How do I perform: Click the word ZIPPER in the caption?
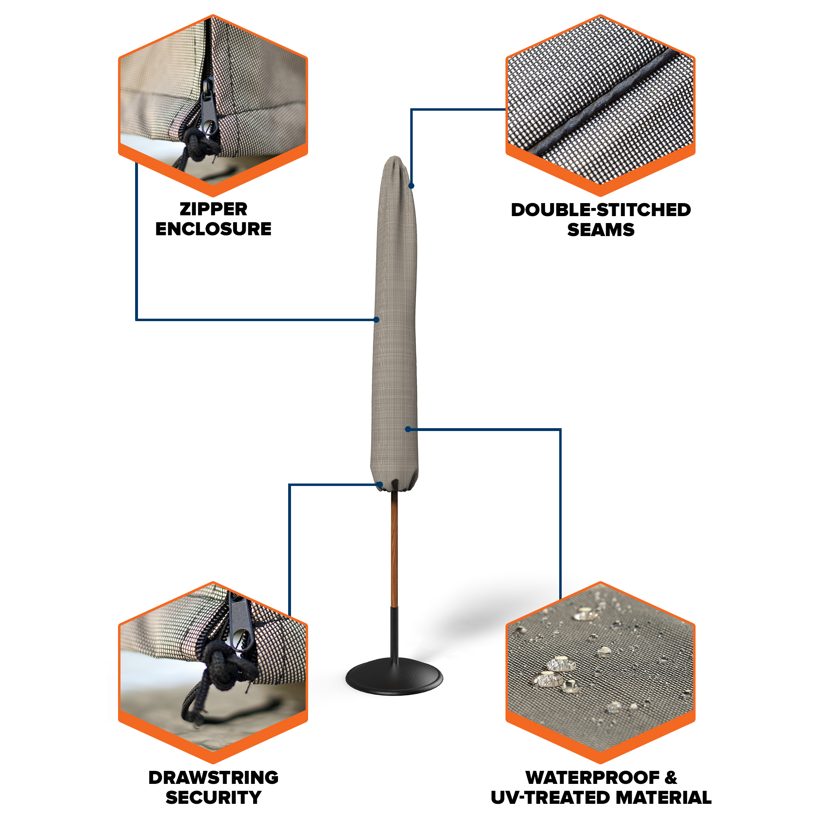pos(213,209)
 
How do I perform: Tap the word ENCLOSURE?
pos(213,229)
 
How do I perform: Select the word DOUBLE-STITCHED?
pos(601,210)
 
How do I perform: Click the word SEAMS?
pos(601,230)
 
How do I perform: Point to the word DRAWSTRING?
pos(213,777)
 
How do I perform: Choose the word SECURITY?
pos(213,797)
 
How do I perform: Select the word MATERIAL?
pos(659,797)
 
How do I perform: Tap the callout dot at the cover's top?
pos(411,186)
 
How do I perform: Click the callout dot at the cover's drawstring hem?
pos(380,484)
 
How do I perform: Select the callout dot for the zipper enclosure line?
pos(376,320)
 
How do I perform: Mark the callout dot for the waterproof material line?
pos(408,429)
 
